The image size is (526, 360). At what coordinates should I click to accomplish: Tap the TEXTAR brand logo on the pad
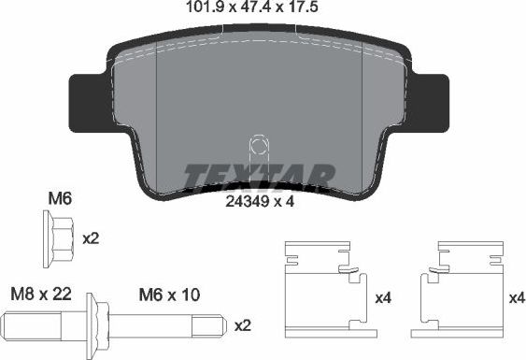click(257, 175)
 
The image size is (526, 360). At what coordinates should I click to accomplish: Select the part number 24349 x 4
click(261, 199)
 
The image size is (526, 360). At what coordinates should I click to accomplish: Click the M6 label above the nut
click(59, 197)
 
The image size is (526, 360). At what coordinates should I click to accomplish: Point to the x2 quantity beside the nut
click(91, 238)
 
